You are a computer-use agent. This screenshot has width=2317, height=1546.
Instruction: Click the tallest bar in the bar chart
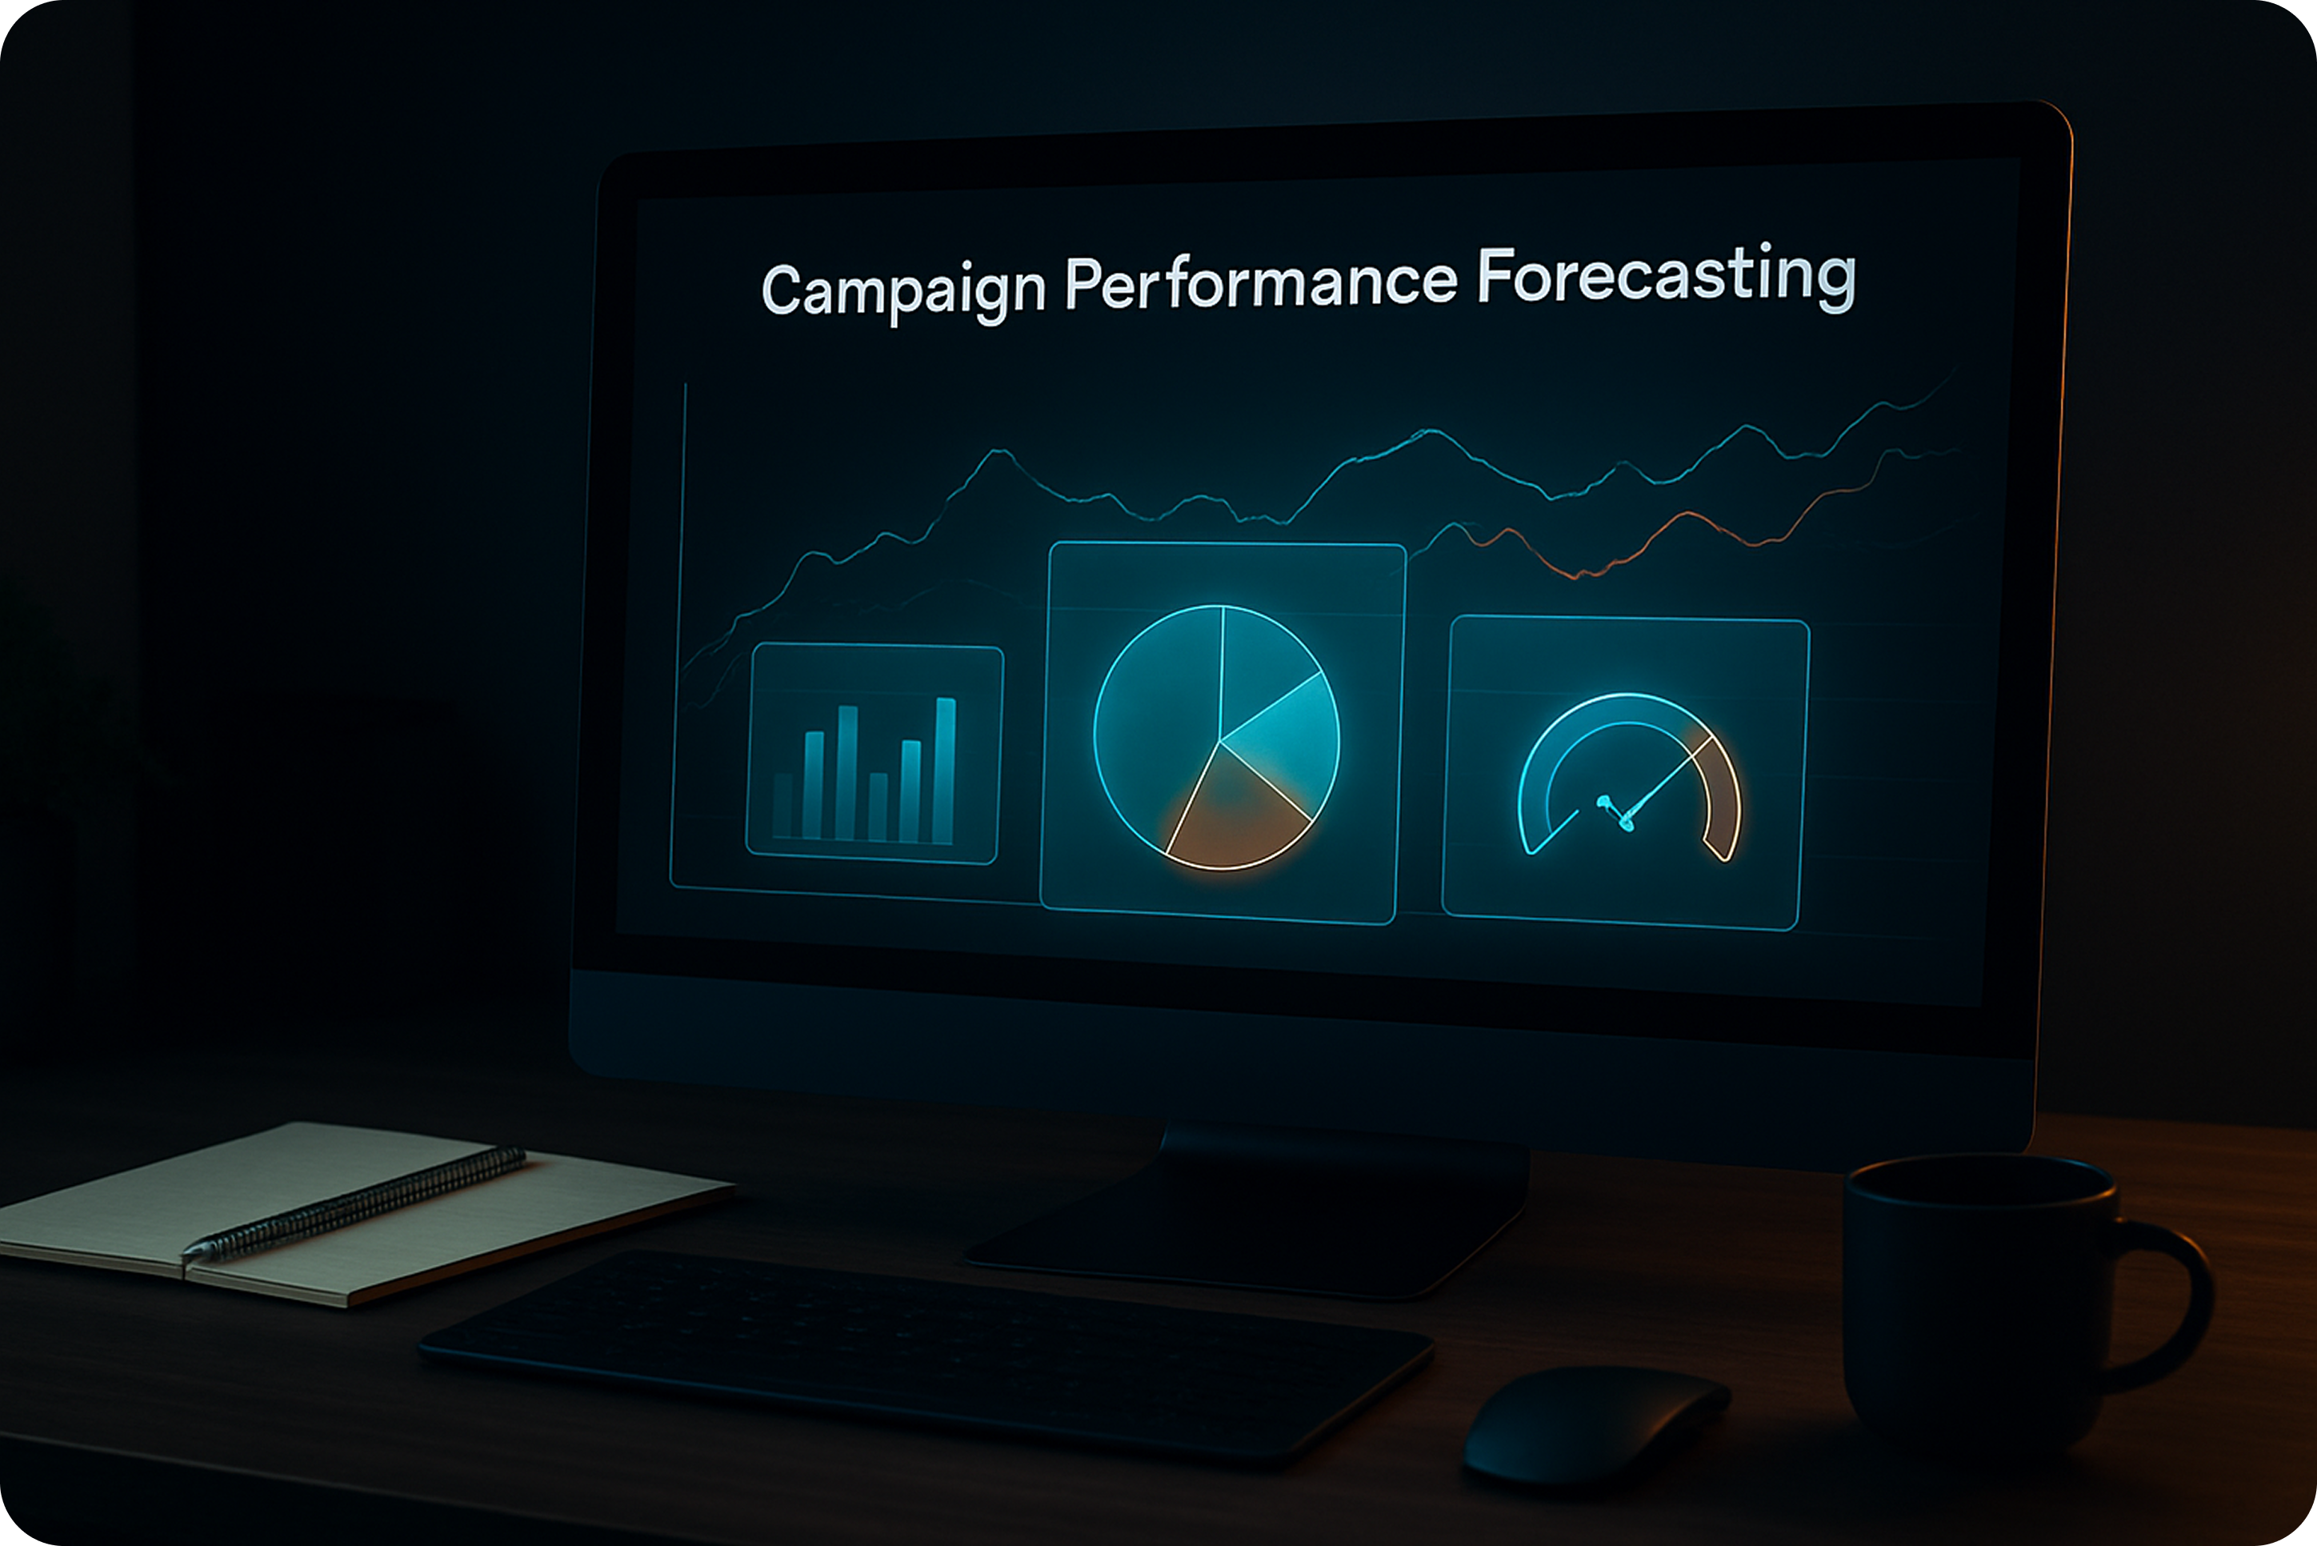[944, 771]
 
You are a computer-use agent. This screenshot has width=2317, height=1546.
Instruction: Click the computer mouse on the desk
[1595, 1423]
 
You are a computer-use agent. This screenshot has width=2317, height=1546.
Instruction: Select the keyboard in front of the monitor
[926, 1355]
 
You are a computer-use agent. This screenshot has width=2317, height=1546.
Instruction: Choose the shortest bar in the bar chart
[782, 806]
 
